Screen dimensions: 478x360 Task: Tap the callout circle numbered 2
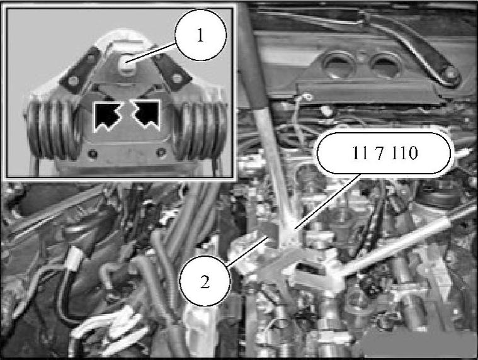click(205, 282)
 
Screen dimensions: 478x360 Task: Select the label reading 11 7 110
click(384, 153)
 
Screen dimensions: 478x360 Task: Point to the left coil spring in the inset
click(52, 130)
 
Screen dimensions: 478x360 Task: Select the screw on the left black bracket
click(73, 81)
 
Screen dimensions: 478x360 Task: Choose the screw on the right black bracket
click(176, 79)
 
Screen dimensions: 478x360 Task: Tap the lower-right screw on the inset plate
click(161, 152)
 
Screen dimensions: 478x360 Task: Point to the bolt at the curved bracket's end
click(451, 74)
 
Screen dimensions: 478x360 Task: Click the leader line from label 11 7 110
click(328, 201)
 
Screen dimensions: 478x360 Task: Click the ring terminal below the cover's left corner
click(308, 98)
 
